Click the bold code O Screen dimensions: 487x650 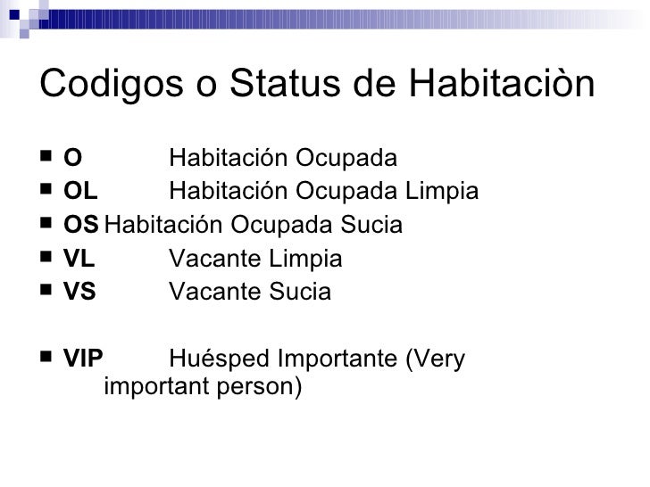[x=72, y=160]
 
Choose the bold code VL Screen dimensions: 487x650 [x=80, y=259]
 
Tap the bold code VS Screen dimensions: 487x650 [x=80, y=292]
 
